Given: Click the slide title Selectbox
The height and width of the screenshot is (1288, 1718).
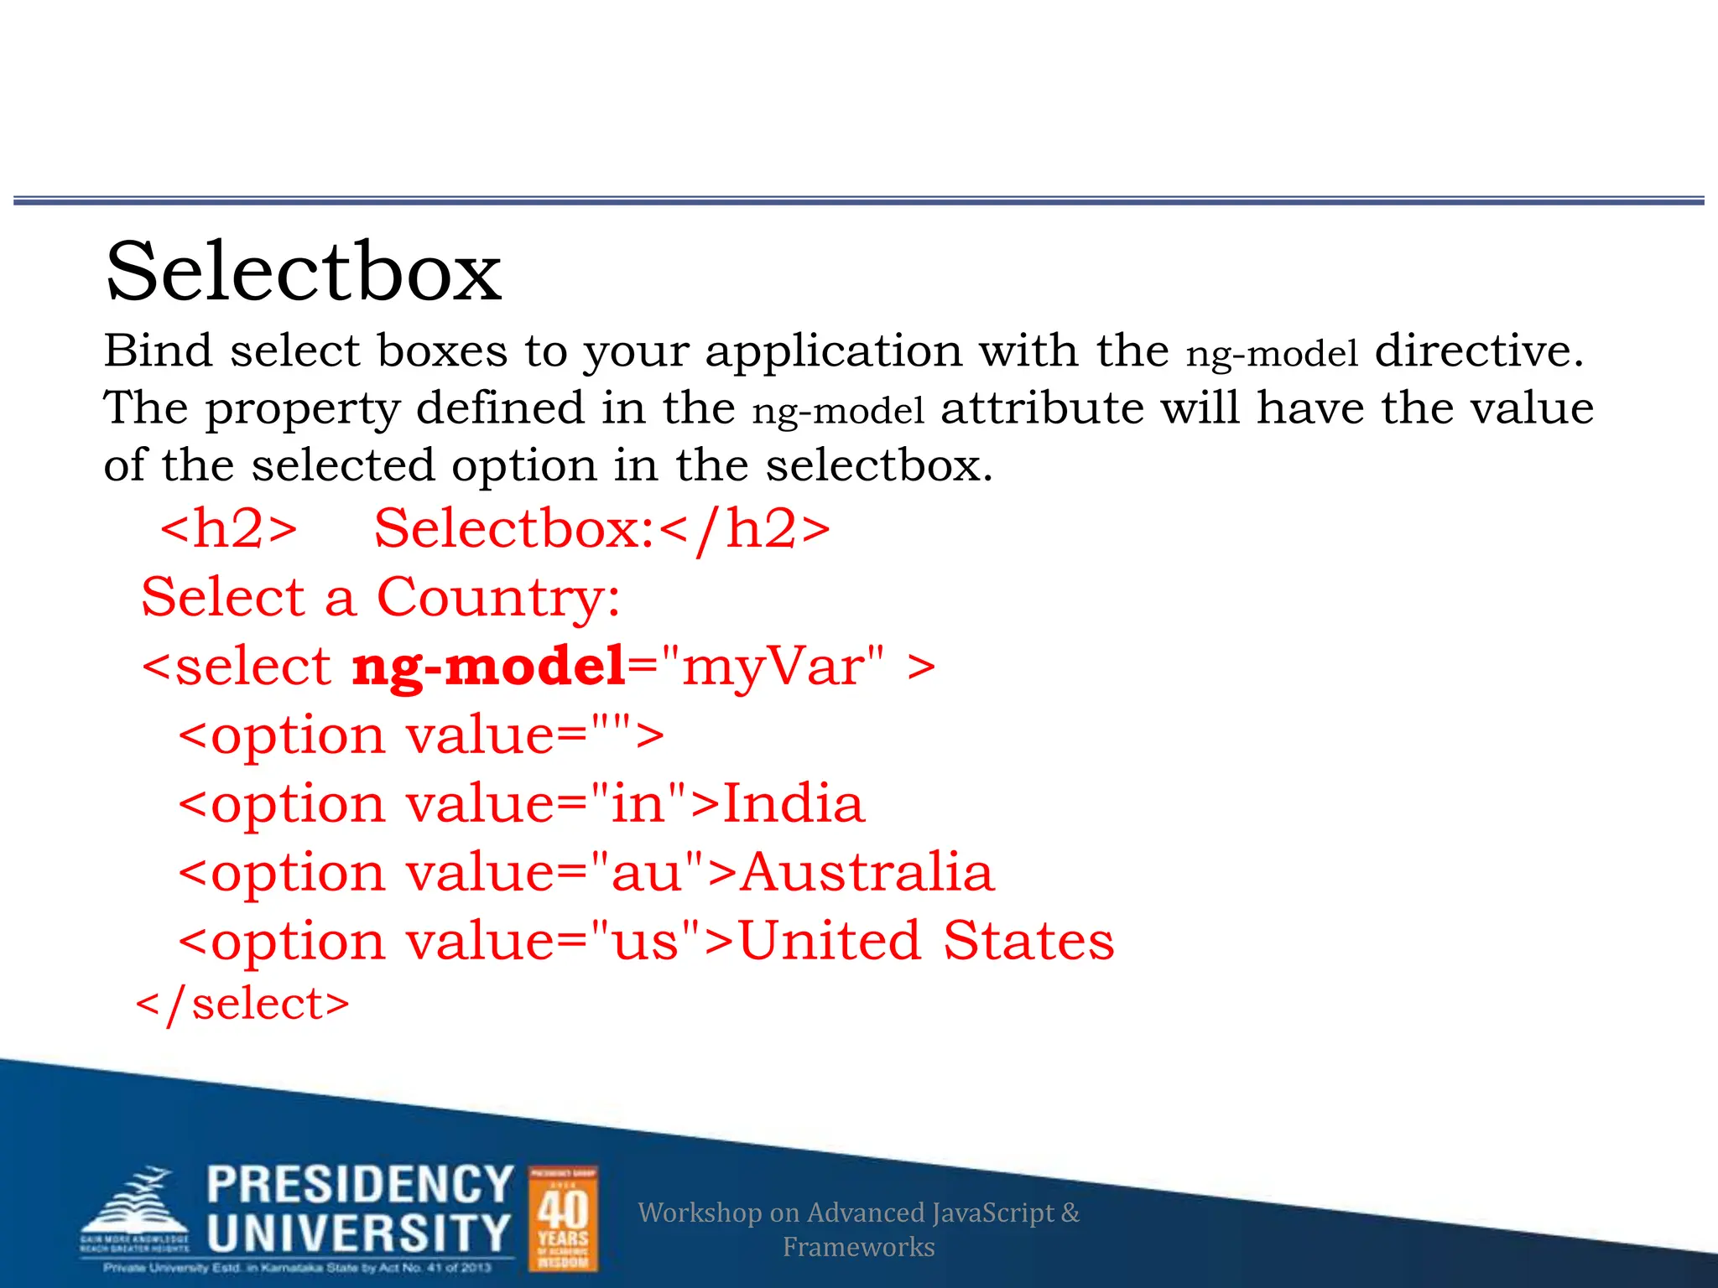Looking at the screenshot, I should click(x=303, y=272).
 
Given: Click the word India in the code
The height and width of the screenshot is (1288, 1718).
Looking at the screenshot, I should click(x=793, y=803).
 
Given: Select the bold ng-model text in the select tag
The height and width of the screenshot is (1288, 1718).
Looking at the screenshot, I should click(x=488, y=667).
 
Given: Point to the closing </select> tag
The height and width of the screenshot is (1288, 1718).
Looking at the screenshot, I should click(x=242, y=1004).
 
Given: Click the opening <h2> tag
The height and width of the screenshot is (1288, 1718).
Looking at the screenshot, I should click(x=228, y=528).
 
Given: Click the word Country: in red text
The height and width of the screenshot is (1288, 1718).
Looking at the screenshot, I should click(x=498, y=598).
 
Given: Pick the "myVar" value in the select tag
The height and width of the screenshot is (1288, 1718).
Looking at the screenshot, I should click(x=773, y=667).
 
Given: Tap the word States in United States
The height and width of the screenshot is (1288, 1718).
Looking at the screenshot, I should click(x=1028, y=941).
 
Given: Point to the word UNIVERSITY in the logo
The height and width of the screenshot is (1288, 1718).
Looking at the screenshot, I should click(x=358, y=1233).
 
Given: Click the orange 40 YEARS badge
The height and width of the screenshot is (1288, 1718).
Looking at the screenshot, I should click(x=563, y=1219).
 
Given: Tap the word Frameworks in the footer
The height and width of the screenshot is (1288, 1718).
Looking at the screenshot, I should click(x=858, y=1247).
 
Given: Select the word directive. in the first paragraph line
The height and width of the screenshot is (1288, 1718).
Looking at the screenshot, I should click(x=1479, y=351).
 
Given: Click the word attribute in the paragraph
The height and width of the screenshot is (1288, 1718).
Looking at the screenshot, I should click(x=1042, y=408).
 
